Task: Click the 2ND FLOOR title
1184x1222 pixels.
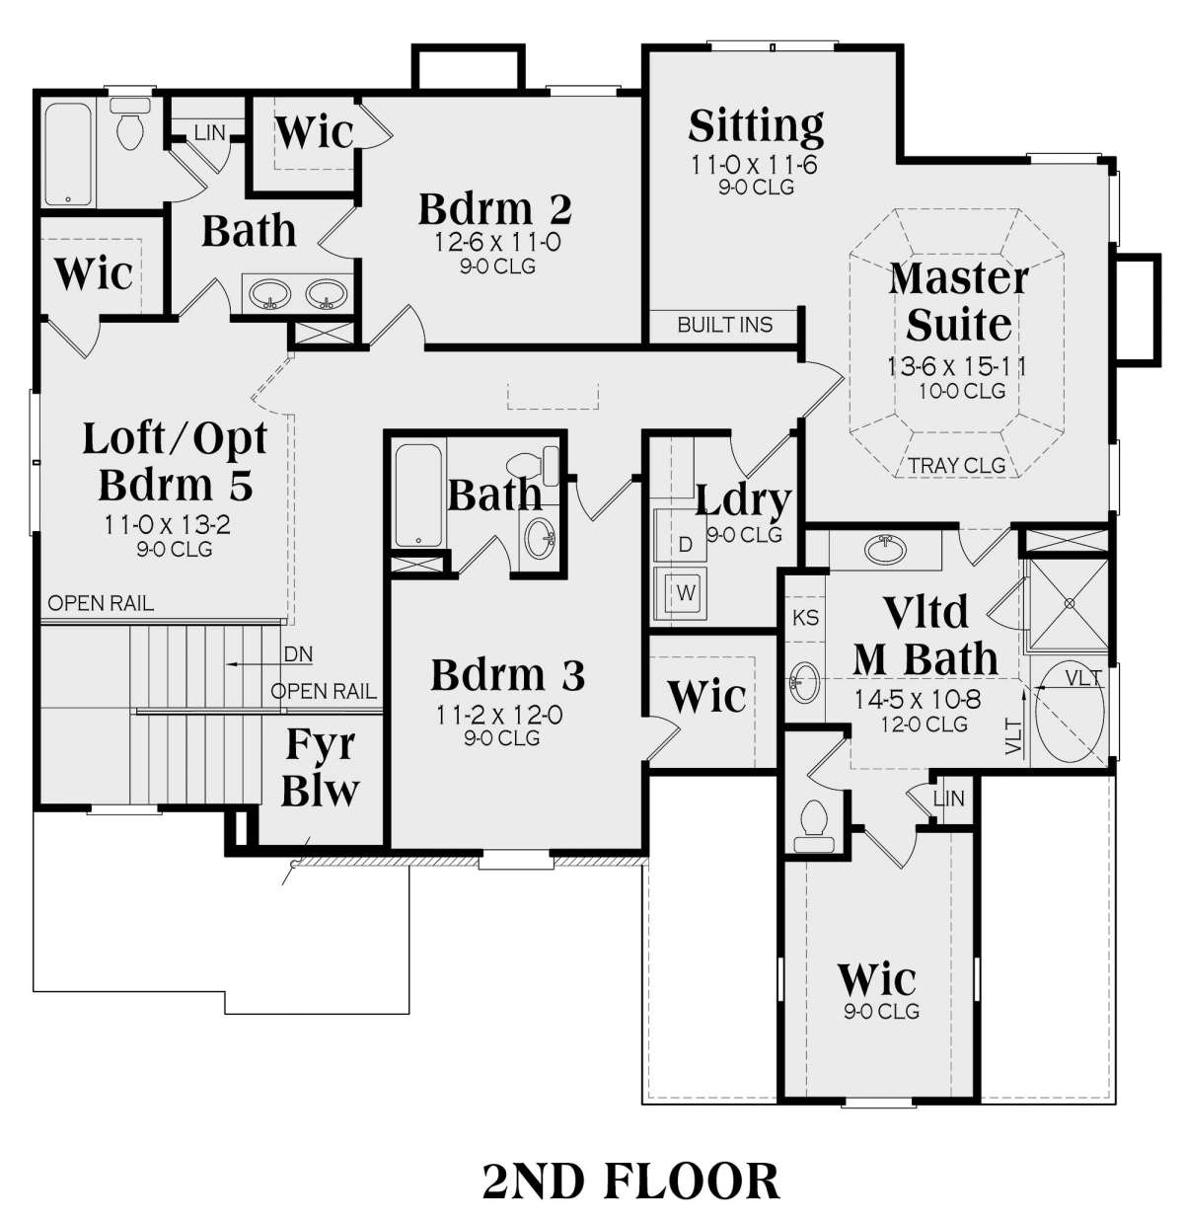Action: tap(630, 1182)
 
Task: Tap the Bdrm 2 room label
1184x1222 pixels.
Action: tap(495, 209)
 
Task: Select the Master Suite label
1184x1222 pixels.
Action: tap(958, 301)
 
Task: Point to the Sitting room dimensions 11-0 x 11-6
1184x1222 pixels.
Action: tap(755, 165)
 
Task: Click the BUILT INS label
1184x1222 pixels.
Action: tap(725, 325)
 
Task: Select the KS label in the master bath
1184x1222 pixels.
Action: tap(805, 618)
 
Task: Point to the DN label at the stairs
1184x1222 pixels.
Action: tap(298, 653)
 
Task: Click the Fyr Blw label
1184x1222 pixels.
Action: tap(320, 766)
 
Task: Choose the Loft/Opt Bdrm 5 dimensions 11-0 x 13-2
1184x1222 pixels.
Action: tap(168, 524)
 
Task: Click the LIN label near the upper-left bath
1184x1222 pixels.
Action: tap(210, 132)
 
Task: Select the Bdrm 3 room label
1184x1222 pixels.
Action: tap(508, 674)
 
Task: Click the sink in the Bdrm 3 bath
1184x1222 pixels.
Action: tap(541, 538)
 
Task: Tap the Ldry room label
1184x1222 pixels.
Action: tap(743, 500)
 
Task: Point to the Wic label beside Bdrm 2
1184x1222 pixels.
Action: tap(314, 132)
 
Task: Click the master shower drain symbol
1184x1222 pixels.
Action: tap(1070, 603)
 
